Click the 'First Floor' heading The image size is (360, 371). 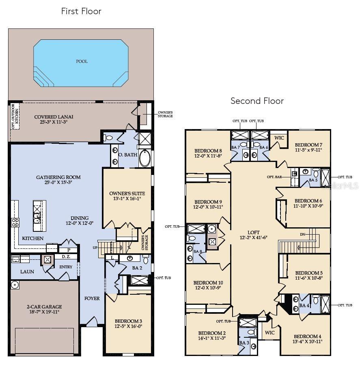coord(81,11)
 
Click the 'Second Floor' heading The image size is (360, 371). coord(257,101)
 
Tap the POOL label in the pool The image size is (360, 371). coord(82,62)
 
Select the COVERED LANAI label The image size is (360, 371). coord(54,117)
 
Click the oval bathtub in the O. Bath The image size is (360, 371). coord(145,158)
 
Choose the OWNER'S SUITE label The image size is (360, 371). coord(127,194)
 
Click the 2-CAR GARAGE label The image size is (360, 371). coord(42,307)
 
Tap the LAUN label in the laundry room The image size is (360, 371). coord(27,272)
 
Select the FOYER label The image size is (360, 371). coord(92,299)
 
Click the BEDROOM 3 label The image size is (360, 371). coord(128,320)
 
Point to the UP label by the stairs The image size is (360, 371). coord(95,247)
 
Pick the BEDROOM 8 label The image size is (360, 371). coord(208,150)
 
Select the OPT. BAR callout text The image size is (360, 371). coord(275,177)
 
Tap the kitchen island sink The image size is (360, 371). coord(37,219)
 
